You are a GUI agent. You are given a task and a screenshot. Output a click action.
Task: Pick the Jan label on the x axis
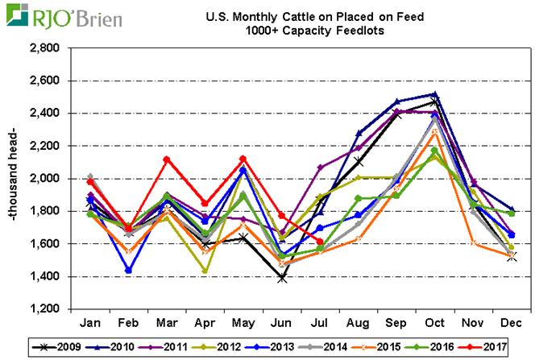click(x=90, y=321)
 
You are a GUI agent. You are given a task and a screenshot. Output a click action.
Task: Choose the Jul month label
click(x=320, y=321)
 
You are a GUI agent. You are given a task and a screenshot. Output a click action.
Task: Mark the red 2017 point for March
click(x=167, y=159)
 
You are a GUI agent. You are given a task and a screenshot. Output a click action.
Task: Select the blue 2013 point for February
click(x=129, y=271)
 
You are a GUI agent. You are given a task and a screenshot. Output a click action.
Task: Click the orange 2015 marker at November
click(x=473, y=243)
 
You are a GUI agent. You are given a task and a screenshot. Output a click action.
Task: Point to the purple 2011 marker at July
click(x=320, y=168)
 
